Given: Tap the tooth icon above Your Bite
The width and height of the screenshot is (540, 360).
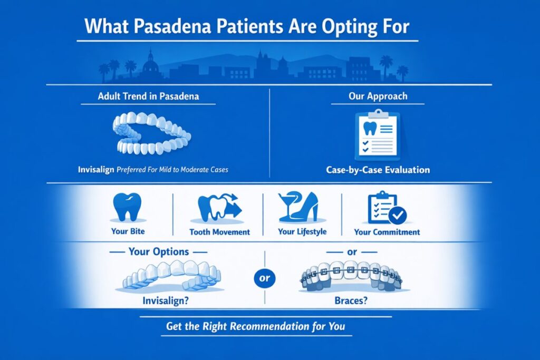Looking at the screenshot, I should click(x=127, y=207).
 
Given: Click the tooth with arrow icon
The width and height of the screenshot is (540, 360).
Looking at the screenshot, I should click(x=218, y=208).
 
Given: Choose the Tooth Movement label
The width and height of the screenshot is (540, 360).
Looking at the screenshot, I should click(x=219, y=232).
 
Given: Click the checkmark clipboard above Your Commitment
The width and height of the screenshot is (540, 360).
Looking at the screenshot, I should click(x=387, y=209).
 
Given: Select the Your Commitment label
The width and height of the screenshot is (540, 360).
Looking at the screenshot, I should click(x=387, y=232).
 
